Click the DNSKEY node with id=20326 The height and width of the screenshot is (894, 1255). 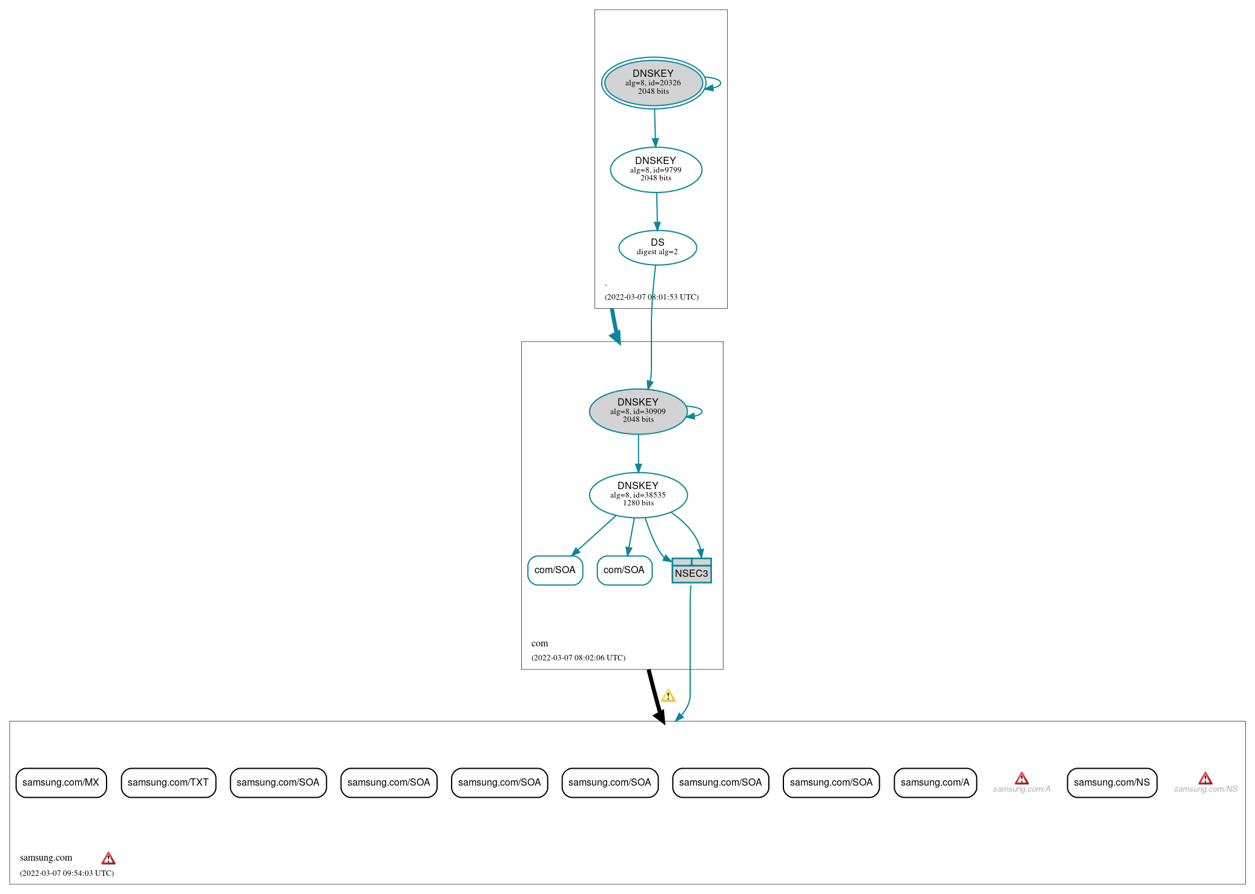(653, 83)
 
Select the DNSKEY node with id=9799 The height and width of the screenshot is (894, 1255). (656, 170)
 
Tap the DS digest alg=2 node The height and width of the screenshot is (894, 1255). (657, 248)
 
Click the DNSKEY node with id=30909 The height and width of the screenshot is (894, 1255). (637, 412)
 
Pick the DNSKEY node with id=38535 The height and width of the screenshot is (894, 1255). (637, 495)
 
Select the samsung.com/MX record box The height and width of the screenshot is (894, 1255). (61, 783)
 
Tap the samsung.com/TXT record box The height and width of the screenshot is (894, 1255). (168, 783)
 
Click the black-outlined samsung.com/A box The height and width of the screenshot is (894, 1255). (935, 783)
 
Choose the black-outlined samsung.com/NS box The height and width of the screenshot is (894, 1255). (1112, 783)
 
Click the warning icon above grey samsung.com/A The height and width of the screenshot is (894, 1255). (1021, 778)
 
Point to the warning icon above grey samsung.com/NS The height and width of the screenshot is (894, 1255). (1205, 778)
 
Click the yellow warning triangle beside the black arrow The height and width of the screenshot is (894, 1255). (668, 696)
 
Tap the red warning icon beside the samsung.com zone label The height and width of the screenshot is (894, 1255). (108, 858)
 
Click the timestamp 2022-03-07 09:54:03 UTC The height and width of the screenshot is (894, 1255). (67, 873)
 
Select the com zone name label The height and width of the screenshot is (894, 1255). (539, 643)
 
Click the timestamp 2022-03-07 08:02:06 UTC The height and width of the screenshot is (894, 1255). (578, 657)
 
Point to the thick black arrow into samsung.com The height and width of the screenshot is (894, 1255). (656, 696)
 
